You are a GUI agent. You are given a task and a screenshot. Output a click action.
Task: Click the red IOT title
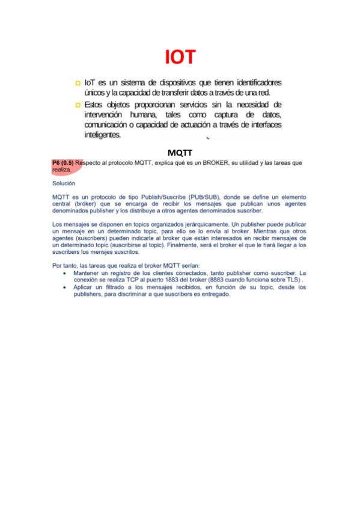[x=180, y=57]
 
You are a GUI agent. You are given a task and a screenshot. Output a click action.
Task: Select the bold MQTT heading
[x=180, y=153]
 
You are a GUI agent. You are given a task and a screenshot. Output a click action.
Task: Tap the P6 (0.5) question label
[x=63, y=163]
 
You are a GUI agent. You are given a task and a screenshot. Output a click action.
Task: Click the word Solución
[x=63, y=183]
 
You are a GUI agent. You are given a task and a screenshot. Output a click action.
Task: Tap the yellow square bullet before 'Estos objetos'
[x=78, y=105]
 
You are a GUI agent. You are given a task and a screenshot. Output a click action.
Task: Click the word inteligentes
[x=103, y=135]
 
